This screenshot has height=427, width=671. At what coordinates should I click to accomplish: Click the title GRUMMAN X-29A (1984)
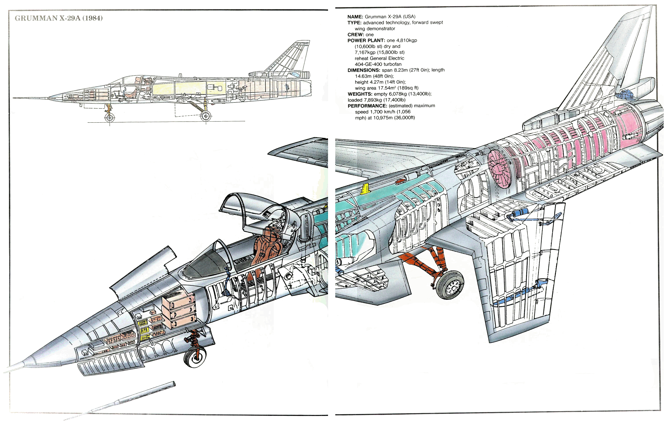(x=59, y=18)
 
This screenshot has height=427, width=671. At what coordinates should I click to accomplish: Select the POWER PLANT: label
(x=366, y=40)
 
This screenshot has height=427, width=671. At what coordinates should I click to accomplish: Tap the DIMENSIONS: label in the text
(x=364, y=70)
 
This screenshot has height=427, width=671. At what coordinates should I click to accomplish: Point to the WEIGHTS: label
(x=360, y=94)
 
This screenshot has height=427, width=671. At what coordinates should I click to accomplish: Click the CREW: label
(x=356, y=35)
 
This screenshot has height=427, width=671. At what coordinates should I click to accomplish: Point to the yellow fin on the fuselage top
(x=365, y=189)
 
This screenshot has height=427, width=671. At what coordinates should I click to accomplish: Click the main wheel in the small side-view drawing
(x=206, y=116)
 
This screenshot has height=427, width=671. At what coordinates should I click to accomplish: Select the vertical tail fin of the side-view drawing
(x=290, y=57)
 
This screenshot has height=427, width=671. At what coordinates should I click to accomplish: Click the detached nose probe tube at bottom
(x=120, y=401)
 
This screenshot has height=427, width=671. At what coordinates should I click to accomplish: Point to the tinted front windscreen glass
(x=205, y=263)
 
